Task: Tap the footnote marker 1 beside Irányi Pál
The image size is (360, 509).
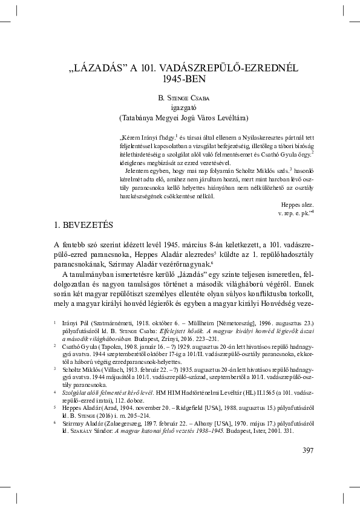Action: pyautogui.click(x=54, y=324)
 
